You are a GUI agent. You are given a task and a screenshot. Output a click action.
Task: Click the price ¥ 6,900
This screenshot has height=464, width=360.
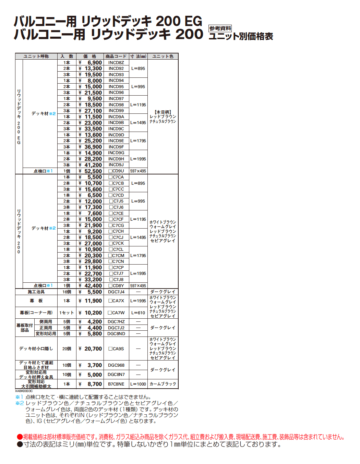click(91, 63)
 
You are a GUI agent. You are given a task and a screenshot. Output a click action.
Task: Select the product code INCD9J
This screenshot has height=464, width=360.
click(116, 165)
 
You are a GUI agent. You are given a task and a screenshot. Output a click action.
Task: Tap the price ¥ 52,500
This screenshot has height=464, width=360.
click(91, 171)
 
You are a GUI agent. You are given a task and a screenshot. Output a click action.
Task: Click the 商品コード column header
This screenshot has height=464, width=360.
click(116, 56)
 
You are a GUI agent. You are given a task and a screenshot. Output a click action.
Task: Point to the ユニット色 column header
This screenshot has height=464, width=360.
click(163, 56)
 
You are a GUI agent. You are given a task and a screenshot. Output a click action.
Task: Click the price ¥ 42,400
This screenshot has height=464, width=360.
click(91, 286)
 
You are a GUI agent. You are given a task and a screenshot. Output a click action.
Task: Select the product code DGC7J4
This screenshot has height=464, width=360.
click(116, 292)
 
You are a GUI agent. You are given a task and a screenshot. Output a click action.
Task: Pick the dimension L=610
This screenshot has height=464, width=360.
click(138, 313)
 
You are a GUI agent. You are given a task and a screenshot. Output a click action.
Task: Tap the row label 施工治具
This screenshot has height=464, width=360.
click(36, 292)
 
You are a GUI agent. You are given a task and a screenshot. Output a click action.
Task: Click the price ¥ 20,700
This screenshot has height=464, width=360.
click(91, 349)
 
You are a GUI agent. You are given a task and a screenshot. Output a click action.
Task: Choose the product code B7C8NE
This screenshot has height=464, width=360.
click(116, 384)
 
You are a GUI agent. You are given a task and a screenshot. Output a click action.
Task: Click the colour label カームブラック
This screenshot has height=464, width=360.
click(163, 384)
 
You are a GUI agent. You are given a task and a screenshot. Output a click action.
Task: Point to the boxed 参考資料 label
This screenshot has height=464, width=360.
click(220, 28)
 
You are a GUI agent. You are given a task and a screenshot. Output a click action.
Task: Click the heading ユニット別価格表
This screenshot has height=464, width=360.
click(241, 36)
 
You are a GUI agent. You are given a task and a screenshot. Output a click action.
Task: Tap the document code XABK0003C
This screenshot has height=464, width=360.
click(24, 391)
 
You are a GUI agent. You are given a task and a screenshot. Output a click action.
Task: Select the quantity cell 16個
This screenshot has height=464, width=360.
click(67, 292)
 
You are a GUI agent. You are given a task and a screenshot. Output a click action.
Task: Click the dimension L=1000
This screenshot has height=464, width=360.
click(138, 384)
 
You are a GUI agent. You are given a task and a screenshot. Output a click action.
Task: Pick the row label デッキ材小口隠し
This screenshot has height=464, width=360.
click(36, 349)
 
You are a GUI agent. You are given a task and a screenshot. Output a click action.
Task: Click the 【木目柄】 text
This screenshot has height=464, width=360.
click(163, 112)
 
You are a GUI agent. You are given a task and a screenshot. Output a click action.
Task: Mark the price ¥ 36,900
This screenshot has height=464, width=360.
click(91, 147)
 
